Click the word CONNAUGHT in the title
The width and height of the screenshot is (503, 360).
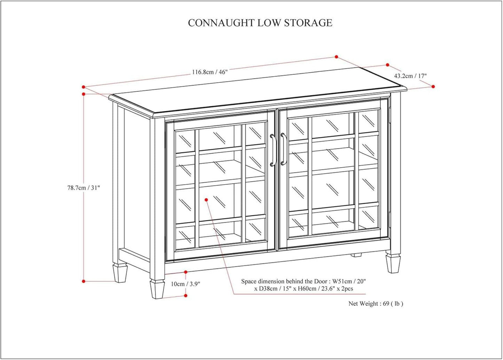pos(221,23)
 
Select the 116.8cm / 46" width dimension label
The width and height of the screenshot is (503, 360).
pos(210,72)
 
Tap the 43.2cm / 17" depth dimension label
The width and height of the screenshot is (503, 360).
pos(410,76)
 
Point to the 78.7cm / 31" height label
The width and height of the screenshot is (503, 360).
pos(84,188)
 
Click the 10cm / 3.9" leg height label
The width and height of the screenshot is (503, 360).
pos(186,284)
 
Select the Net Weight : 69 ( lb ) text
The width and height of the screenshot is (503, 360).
pos(376,304)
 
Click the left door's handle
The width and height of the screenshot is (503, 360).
pos(273,150)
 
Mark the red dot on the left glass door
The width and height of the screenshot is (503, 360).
pos(206,200)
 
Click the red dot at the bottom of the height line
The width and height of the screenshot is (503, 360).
pos(84,281)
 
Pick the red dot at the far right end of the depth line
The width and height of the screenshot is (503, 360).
pos(433,87)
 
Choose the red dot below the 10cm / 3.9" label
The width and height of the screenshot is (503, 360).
pos(186,296)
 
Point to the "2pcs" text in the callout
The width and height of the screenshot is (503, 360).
pos(347,289)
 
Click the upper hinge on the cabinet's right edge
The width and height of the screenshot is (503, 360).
pos(390,115)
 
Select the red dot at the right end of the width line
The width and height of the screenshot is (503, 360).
pos(337,57)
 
